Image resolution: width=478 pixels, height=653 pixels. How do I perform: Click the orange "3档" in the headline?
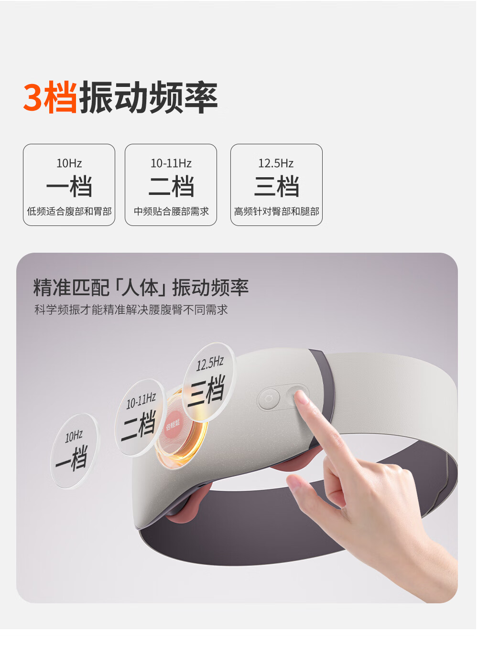pyautogui.click(x=50, y=97)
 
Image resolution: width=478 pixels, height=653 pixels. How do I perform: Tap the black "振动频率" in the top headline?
pyautogui.click(x=149, y=97)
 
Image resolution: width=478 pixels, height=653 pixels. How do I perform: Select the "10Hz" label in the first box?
pyautogui.click(x=69, y=163)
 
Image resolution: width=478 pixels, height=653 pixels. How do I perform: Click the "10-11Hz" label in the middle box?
pyautogui.click(x=171, y=163)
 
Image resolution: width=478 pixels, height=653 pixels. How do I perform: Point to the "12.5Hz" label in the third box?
pyautogui.click(x=276, y=163)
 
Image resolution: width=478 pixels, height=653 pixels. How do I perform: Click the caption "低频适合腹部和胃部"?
pyautogui.click(x=69, y=211)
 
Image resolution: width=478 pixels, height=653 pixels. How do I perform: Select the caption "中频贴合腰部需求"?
pyautogui.click(x=171, y=211)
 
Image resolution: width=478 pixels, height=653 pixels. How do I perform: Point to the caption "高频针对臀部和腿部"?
pyautogui.click(x=276, y=211)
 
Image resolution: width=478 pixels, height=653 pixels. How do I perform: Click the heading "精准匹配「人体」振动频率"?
pyautogui.click(x=141, y=288)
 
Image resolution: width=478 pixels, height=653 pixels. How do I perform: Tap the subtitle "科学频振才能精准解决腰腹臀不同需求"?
pyautogui.click(x=131, y=310)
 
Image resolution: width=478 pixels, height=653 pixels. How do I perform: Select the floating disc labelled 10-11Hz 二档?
pyautogui.click(x=140, y=417)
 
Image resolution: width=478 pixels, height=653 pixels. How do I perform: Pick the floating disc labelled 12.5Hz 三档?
pyautogui.click(x=208, y=382)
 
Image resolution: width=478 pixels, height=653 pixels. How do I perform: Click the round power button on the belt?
pyautogui.click(x=269, y=399)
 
